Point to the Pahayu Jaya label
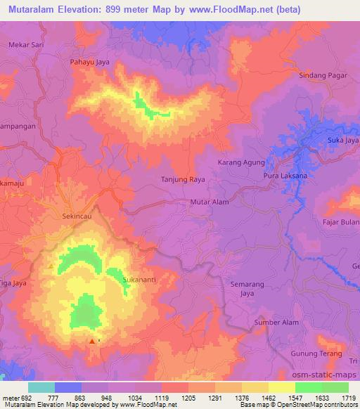pyautogui.click(x=91, y=62)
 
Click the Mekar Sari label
pyautogui.click(x=26, y=44)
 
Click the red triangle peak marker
pyautogui.click(x=93, y=342)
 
